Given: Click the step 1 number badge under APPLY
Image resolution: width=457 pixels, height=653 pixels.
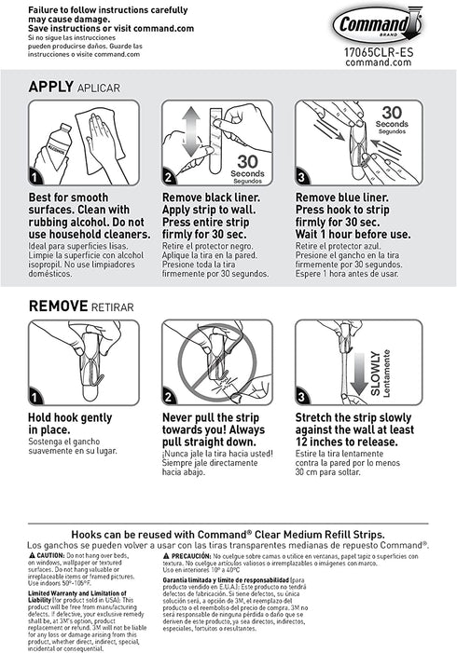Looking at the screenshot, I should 36,177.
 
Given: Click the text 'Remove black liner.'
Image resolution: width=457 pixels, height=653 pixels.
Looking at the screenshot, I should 210,198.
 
